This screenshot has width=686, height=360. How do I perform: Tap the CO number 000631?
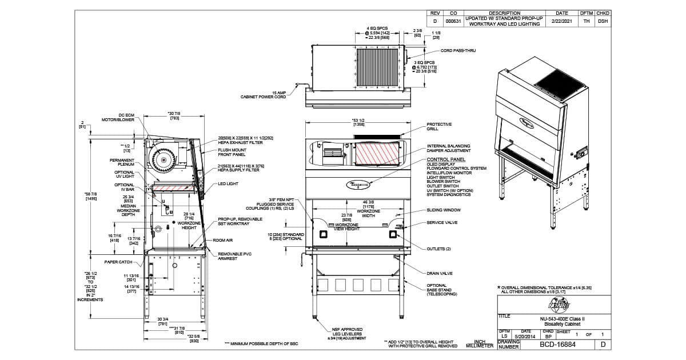pyautogui.click(x=453, y=21)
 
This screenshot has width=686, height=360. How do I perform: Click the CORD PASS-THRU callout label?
pyautogui.click(x=458, y=51)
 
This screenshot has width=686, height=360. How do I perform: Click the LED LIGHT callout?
pyautogui.click(x=228, y=184)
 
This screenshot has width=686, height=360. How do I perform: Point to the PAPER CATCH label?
pyautogui.click(x=118, y=262)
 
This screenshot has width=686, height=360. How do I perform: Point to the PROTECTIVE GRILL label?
pyautogui.click(x=439, y=126)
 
